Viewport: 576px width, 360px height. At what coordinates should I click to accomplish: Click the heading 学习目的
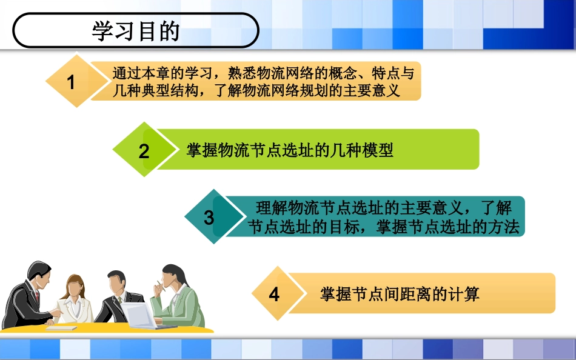[136, 32]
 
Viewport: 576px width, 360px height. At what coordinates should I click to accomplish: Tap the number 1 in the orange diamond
[72, 82]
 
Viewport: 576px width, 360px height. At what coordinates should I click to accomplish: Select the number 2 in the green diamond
[144, 151]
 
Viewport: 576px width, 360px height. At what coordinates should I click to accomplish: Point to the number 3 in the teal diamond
[209, 218]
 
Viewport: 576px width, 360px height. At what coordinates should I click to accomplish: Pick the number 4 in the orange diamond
[274, 295]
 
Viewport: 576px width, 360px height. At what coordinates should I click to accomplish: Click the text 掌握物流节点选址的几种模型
[290, 150]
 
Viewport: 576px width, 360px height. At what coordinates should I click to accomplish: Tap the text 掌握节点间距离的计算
[400, 295]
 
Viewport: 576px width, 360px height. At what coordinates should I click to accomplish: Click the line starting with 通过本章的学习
[263, 74]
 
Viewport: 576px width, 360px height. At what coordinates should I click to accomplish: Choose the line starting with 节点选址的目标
[384, 227]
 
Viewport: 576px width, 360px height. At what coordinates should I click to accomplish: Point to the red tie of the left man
[38, 296]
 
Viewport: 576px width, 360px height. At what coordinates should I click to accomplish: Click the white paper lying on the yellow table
[61, 328]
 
